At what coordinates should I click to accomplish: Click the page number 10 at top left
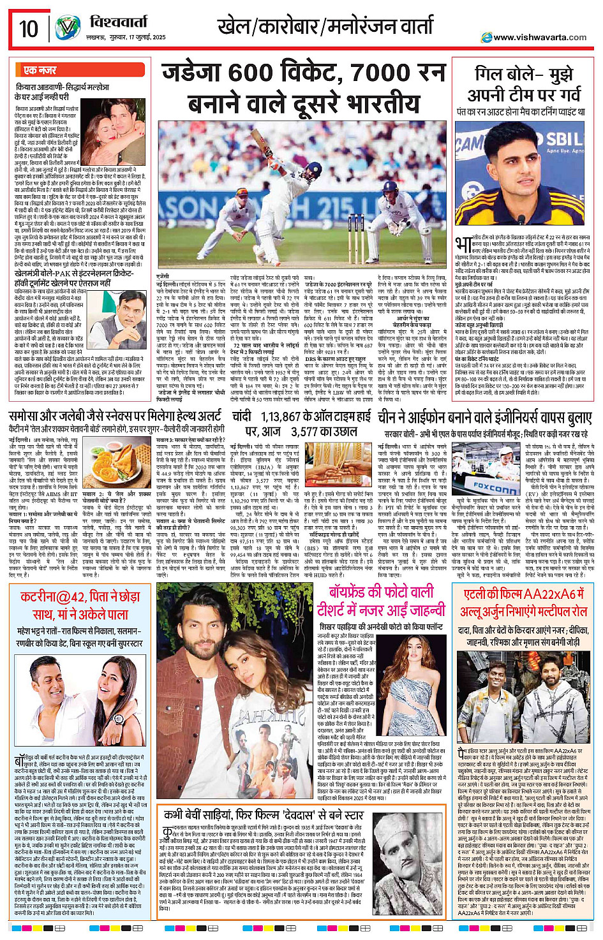tap(29, 29)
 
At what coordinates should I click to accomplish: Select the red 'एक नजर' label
tap(40, 70)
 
